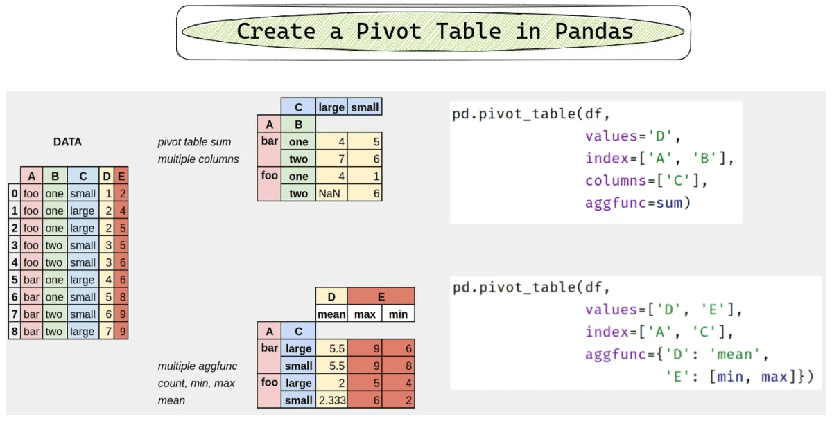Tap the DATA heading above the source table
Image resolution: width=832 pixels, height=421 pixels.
coord(67,142)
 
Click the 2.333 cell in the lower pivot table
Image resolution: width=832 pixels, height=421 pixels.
coord(331,400)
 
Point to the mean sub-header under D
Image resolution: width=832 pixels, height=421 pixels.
coord(331,314)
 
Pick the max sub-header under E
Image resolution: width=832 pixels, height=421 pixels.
coord(365,314)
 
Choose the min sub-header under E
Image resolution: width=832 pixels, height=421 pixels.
coord(398,314)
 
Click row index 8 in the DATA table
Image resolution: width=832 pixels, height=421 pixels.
coord(14,332)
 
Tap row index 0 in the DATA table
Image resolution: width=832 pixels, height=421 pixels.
coord(14,194)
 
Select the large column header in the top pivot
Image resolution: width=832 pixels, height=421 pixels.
coord(331,107)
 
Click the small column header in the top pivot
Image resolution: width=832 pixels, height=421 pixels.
coord(365,107)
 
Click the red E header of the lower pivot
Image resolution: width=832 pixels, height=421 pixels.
coord(381,297)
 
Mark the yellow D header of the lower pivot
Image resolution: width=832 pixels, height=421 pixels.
coord(331,297)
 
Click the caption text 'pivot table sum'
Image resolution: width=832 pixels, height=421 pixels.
coord(193,143)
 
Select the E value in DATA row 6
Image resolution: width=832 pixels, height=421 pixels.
coord(122,297)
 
